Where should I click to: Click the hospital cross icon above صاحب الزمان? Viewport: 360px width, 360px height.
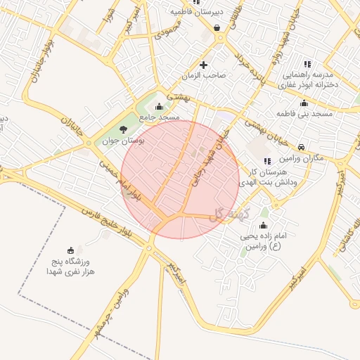(204, 65)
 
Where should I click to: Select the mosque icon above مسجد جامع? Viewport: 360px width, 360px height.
(159, 107)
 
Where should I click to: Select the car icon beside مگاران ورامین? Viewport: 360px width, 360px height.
(302, 148)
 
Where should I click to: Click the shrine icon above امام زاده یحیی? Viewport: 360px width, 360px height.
(263, 226)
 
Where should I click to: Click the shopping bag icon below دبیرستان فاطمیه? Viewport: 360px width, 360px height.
(216, 28)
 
